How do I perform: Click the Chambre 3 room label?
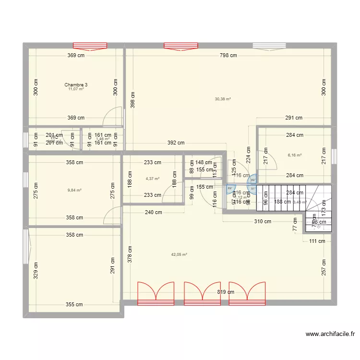coord(76,84)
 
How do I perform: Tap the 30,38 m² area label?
coord(223,99)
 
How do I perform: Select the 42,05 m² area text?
coord(179,255)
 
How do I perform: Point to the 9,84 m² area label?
coord(74,190)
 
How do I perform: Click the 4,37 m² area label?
coord(153,179)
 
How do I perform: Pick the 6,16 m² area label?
coord(294,155)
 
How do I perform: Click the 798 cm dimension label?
coord(228,55)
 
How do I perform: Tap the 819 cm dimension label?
coord(225,292)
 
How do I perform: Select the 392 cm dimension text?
coord(176,143)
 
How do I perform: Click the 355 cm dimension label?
coord(74,304)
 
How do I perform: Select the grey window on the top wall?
coord(270,46)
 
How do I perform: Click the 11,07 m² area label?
coord(76,89)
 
